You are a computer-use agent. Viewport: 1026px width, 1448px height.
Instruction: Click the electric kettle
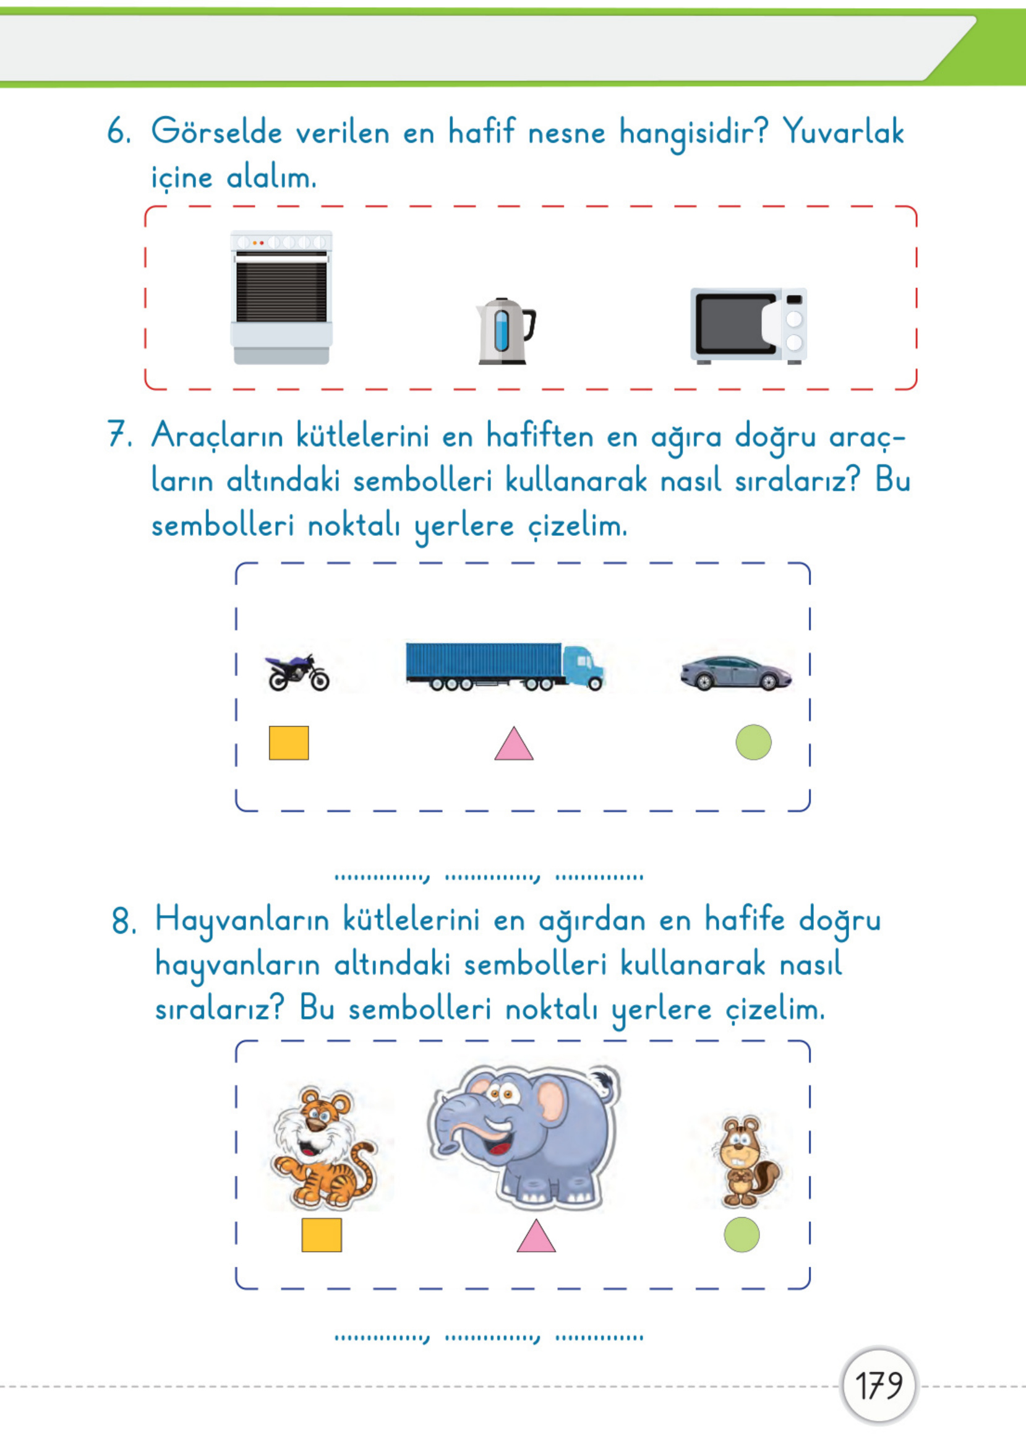(x=504, y=331)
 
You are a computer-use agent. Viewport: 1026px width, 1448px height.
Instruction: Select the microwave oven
(x=748, y=325)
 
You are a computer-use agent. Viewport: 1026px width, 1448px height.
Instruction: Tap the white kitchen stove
(x=281, y=297)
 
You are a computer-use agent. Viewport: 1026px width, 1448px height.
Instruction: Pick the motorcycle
(x=297, y=673)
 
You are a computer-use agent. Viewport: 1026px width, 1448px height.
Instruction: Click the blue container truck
(x=503, y=667)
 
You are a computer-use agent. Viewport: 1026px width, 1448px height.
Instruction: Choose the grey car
(x=735, y=673)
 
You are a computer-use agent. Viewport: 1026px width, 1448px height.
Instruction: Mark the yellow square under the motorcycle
(x=289, y=743)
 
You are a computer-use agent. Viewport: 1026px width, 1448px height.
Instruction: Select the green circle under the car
(x=753, y=742)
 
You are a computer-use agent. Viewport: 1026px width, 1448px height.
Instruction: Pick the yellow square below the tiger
(x=322, y=1235)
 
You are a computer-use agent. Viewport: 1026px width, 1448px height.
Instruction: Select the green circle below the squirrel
(x=741, y=1235)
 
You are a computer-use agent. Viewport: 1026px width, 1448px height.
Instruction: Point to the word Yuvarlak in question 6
(x=844, y=131)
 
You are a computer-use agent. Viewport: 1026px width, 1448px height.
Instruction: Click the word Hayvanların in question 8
(x=242, y=921)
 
